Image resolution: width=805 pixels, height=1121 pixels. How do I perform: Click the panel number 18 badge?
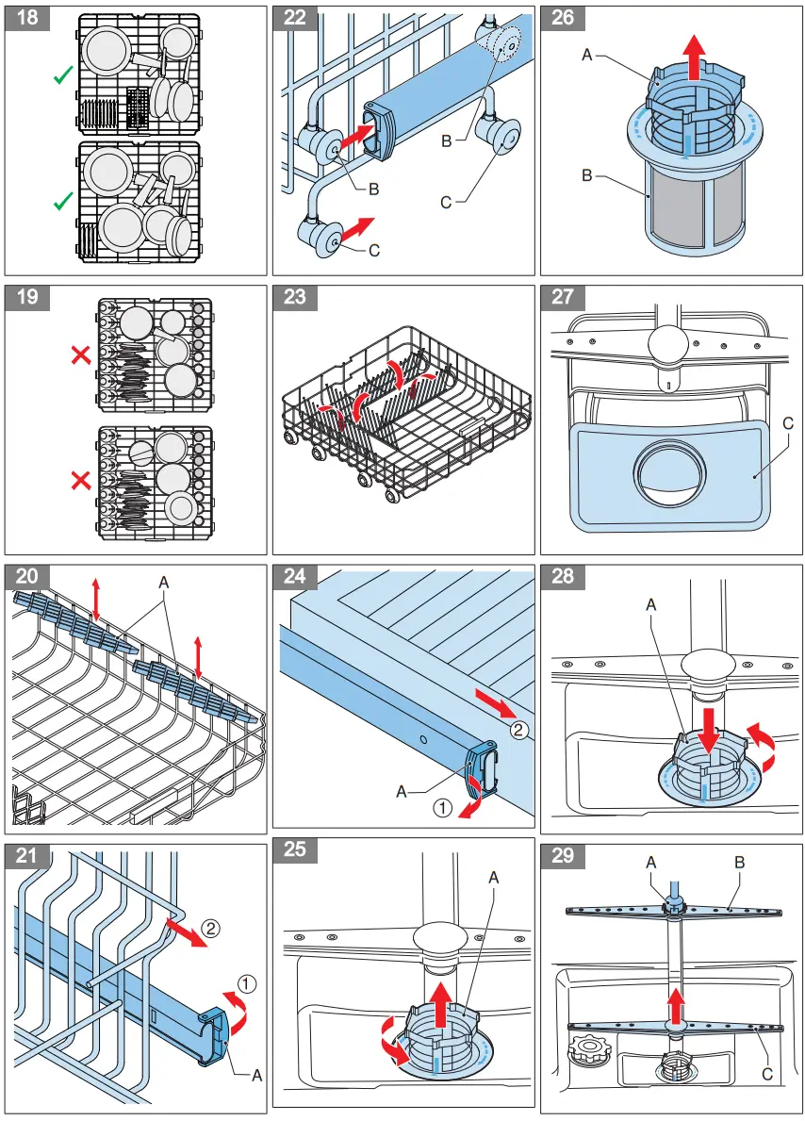tap(28, 18)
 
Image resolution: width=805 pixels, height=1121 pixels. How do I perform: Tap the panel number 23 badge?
tap(295, 296)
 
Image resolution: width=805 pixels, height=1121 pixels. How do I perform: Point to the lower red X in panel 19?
tap(82, 481)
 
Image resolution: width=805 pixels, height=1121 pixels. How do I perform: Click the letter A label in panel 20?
tap(164, 584)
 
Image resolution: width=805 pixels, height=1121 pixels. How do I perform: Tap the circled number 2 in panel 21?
tap(210, 928)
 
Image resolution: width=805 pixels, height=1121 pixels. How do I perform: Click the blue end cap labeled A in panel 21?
tap(217, 1034)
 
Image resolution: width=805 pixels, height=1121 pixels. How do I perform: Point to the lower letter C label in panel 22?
tap(374, 251)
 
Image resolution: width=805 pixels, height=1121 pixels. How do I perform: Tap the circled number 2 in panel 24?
tap(517, 729)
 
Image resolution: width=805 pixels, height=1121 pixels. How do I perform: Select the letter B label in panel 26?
tap(587, 175)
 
